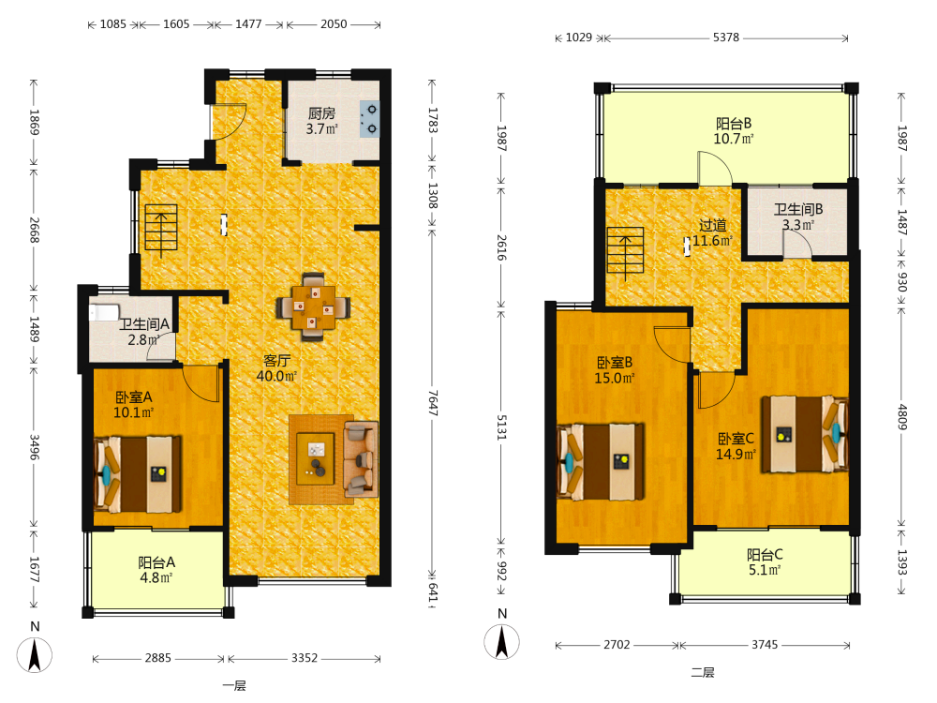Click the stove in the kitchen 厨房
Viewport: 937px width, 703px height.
[369, 119]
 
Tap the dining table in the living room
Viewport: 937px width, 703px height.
[313, 307]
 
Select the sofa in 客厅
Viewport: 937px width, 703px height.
[361, 459]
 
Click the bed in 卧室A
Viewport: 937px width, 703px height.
[138, 474]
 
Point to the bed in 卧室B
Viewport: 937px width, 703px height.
[601, 461]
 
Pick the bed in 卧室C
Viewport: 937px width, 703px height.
[805, 434]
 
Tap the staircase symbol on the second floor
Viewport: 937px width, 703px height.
[625, 253]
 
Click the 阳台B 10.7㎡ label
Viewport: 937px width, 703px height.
[734, 131]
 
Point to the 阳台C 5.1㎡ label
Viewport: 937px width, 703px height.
[765, 561]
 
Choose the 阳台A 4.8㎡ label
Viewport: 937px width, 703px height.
[156, 570]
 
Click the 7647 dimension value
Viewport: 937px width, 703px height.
[433, 403]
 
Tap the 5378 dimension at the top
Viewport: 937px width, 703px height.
[726, 37]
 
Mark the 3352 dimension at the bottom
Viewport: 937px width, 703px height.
[305, 658]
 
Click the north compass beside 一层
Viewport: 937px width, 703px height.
[35, 654]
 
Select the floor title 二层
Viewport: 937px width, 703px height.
[703, 672]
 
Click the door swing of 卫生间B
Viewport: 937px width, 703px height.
[797, 245]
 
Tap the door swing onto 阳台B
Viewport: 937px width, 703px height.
[715, 168]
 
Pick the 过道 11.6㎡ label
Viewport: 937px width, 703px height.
[712, 233]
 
